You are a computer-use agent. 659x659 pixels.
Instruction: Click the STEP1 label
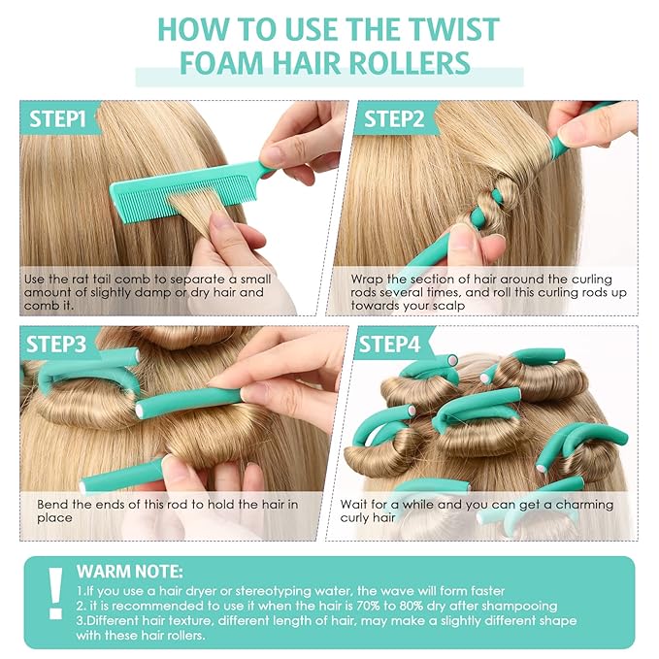pos(60,119)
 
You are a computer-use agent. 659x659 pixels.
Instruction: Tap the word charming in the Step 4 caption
pos(578,505)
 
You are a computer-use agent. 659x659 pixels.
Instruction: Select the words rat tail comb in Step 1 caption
pos(115,280)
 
